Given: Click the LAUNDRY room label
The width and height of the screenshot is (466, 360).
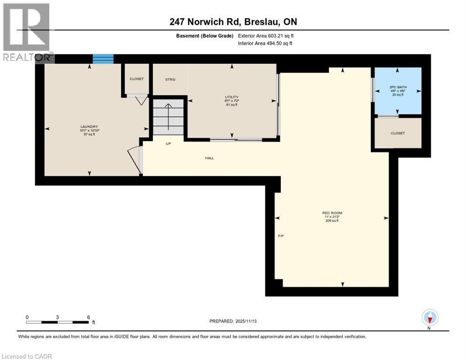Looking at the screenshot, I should coord(89,127).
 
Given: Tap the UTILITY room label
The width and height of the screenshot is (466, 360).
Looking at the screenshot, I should coord(232,97).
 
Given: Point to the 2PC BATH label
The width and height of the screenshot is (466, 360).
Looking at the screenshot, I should coord(396,87).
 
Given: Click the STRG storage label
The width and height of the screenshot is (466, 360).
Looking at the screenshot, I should coord(170,80).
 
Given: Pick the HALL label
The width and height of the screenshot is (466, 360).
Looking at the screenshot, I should coord(209,158).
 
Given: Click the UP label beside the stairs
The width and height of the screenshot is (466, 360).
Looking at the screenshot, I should coord(168,143).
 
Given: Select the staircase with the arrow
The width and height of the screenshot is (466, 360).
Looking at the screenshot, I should coord(168,117).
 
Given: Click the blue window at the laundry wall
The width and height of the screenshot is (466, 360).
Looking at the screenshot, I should coord(103,59).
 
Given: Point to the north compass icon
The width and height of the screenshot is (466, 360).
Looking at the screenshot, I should coord(429,317).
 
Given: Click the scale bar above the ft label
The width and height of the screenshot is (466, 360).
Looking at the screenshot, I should coord(57,322).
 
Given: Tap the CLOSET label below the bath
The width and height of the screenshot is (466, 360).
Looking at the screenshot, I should coord(397,133).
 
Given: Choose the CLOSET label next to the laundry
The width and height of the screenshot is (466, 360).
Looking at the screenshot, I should coord(136,79).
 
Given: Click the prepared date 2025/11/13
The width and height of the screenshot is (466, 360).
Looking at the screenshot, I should coord(233,321).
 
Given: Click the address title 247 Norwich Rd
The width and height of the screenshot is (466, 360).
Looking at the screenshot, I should coord(233,22).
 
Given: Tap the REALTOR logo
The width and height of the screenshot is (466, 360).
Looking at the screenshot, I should coord(27,33).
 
